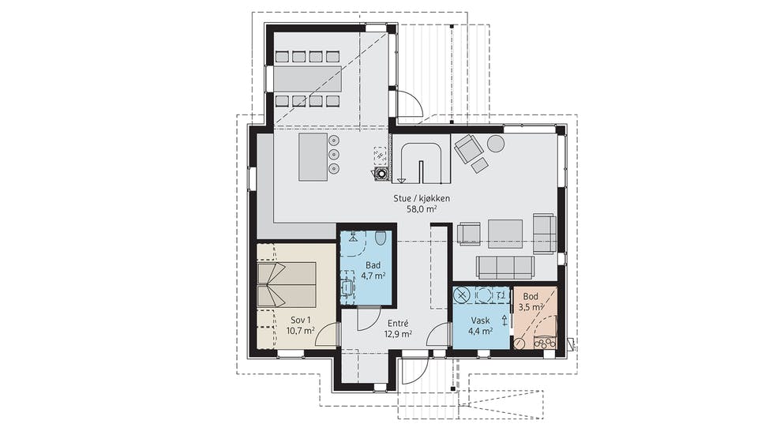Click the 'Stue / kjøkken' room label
[x=422, y=198]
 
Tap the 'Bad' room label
[x=373, y=265]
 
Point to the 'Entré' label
[x=397, y=324]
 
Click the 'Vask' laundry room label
[x=481, y=321]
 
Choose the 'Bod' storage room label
[x=531, y=297]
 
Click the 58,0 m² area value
[x=422, y=209]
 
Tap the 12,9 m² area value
[x=397, y=335]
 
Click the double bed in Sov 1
[x=287, y=285]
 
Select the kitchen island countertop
[x=313, y=157]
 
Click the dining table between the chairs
[x=308, y=79]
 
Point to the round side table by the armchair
[x=496, y=144]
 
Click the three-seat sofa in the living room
[x=505, y=268]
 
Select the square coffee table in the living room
[x=505, y=234]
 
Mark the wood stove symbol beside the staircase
[x=381, y=174]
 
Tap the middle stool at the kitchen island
[x=333, y=154]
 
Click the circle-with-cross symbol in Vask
[x=462, y=295]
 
